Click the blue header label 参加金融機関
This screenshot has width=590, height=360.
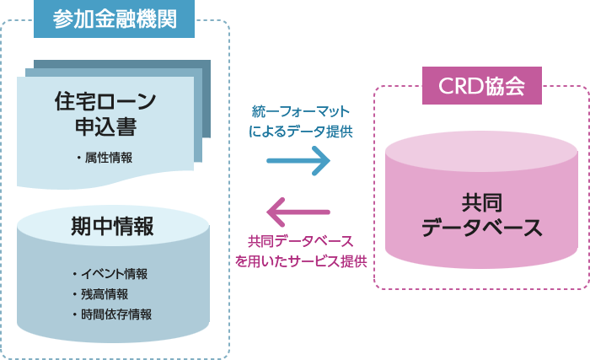(x=114, y=19)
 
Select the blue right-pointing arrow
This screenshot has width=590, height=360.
(x=298, y=160)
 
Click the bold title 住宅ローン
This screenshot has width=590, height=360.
(x=105, y=101)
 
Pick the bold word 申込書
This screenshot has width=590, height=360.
(x=105, y=127)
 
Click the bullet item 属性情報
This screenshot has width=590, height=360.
(x=107, y=158)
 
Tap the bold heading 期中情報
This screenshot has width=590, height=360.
(x=112, y=227)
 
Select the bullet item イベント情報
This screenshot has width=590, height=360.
(x=114, y=273)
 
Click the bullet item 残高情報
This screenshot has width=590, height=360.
(x=104, y=293)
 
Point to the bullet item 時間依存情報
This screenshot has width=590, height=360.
(x=114, y=314)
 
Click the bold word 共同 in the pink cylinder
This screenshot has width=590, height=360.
(x=481, y=203)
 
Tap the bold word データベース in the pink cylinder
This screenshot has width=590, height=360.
(x=481, y=228)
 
